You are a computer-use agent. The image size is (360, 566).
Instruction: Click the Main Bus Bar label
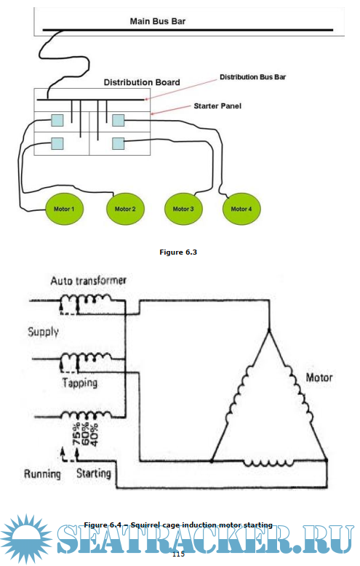158,21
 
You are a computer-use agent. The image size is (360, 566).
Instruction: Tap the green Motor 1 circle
64,209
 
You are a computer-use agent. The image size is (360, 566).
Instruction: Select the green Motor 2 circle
125,209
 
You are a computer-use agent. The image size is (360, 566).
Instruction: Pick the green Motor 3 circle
183,209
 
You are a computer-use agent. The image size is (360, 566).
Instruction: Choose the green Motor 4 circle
241,209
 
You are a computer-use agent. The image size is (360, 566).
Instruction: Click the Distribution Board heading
142,82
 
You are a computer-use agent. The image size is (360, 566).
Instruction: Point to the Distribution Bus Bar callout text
253,77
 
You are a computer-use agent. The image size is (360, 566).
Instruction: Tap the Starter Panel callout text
217,106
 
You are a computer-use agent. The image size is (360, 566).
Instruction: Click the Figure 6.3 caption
178,252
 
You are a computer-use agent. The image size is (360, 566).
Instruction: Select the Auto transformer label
89,281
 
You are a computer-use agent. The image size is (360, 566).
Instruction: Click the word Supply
44,332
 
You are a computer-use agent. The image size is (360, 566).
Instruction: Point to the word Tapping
80,383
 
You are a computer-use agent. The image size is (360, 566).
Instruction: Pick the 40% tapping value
94,435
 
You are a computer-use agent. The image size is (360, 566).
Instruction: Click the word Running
42,474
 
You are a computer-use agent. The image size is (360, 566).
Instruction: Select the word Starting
93,473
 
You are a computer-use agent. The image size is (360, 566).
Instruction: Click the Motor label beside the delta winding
319,378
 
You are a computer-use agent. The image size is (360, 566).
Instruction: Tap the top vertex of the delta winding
269,330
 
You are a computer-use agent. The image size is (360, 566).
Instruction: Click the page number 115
178,554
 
